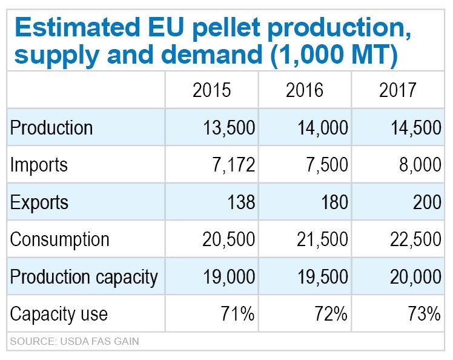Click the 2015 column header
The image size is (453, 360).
[212, 90]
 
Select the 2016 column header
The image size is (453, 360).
[305, 90]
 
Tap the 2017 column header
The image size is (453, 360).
[398, 90]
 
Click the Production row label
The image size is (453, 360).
[51, 128]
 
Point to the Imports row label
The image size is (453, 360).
[39, 165]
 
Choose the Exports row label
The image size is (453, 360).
[39, 202]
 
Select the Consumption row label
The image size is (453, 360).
[59, 239]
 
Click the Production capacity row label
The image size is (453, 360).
[84, 276]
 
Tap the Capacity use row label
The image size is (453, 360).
[59, 313]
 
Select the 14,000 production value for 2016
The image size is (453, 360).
[323, 128]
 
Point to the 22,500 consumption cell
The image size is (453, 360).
[415, 239]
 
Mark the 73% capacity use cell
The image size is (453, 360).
[424, 313]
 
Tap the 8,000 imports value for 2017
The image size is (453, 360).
[418, 165]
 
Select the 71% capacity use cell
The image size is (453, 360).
[238, 313]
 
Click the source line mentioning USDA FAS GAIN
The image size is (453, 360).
[74, 341]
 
